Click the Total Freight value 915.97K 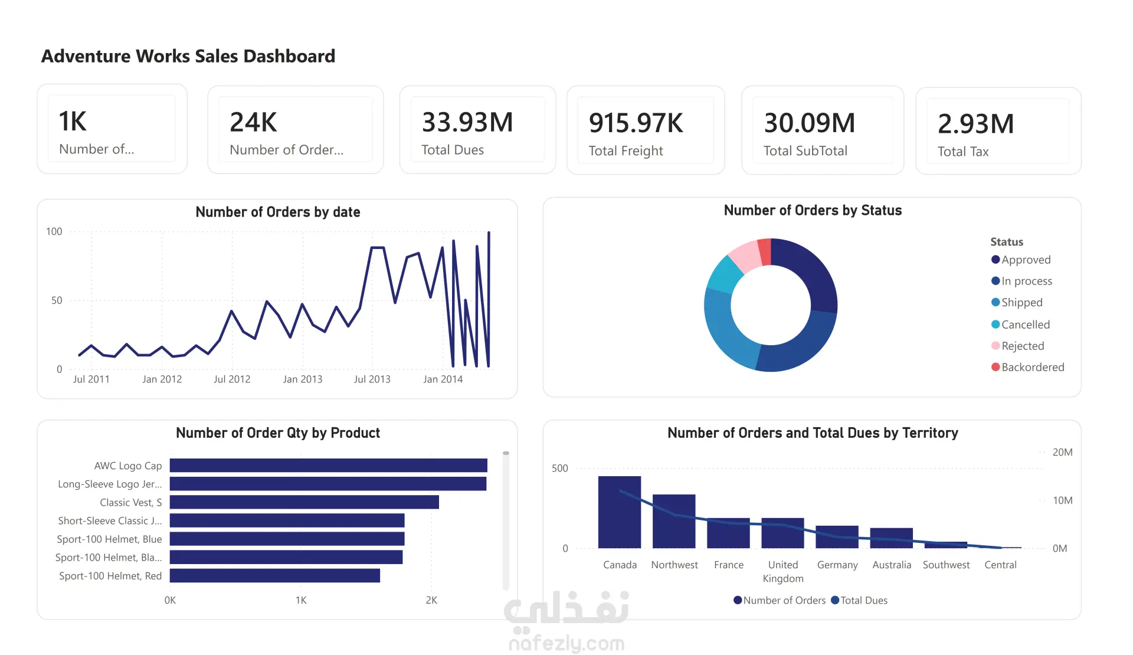click(x=636, y=123)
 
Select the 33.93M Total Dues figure click(x=467, y=123)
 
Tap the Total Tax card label click(x=963, y=152)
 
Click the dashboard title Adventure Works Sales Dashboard click(x=188, y=56)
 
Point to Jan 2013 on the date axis click(x=302, y=379)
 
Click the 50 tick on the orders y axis click(x=57, y=300)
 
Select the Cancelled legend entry click(x=1025, y=325)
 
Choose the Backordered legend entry click(x=1032, y=367)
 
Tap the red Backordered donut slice click(x=765, y=251)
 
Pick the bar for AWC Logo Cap click(x=328, y=466)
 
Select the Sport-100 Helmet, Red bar click(x=274, y=575)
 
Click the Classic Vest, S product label click(x=130, y=502)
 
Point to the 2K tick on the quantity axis click(x=431, y=600)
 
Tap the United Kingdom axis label click(x=783, y=571)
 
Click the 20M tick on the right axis click(x=1062, y=453)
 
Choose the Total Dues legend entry click(x=863, y=600)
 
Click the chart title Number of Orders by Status click(x=813, y=211)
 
